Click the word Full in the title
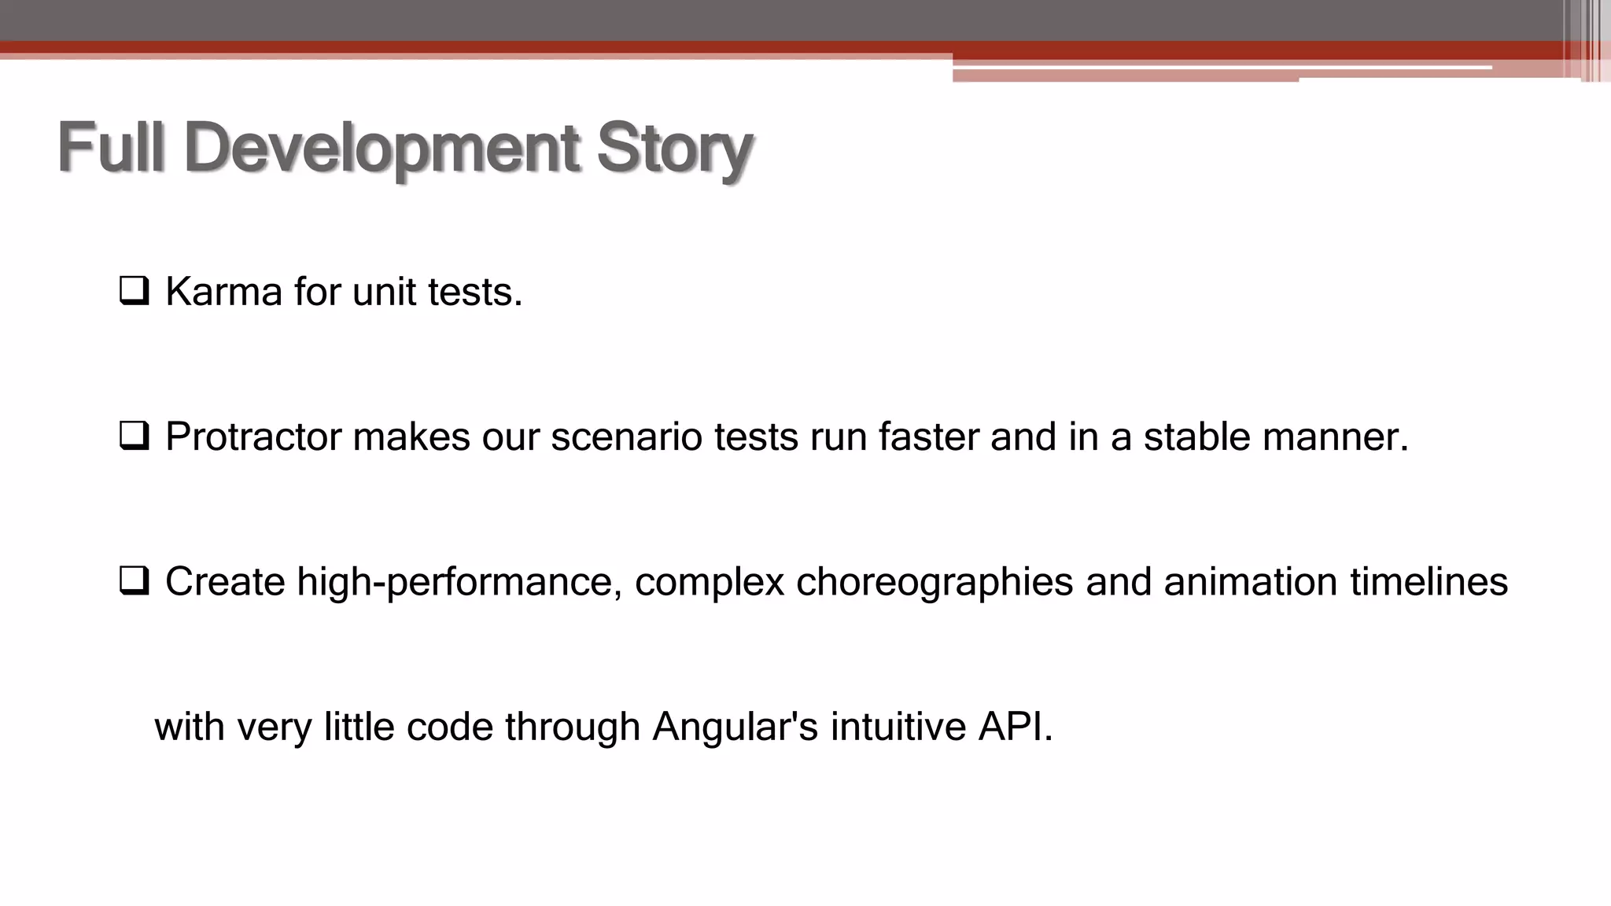pyautogui.click(x=111, y=147)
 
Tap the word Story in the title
pyautogui.click(x=674, y=149)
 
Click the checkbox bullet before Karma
pyautogui.click(x=134, y=291)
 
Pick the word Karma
pyautogui.click(x=223, y=292)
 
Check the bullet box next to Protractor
pyautogui.click(x=134, y=436)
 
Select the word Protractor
pyautogui.click(x=253, y=436)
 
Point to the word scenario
pyautogui.click(x=626, y=436)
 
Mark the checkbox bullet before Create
pyautogui.click(x=134, y=581)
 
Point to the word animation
pyautogui.click(x=1250, y=582)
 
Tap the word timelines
pyautogui.click(x=1429, y=582)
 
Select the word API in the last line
pyautogui.click(x=1014, y=726)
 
